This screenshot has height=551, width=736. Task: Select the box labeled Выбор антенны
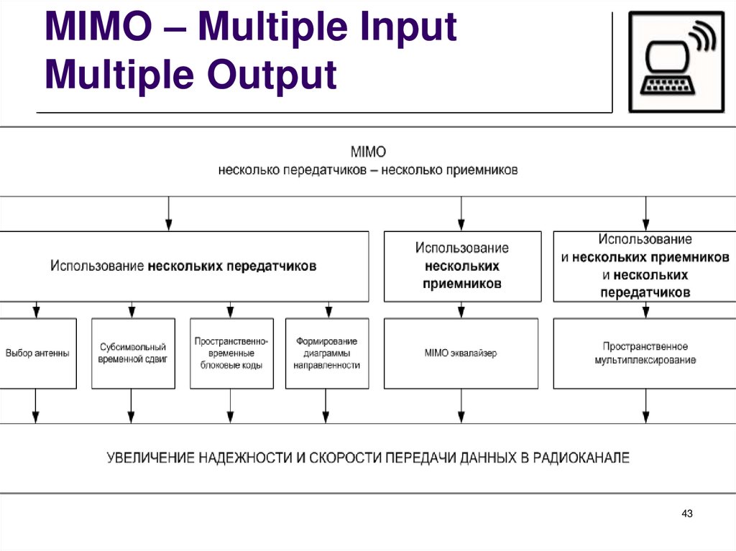[37, 353]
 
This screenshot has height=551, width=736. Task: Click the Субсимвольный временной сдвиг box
[133, 353]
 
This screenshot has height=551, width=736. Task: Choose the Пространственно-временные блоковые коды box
[231, 353]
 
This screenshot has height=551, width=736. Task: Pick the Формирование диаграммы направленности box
[326, 353]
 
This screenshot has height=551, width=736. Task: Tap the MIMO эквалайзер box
[461, 353]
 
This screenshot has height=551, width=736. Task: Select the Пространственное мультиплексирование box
[645, 353]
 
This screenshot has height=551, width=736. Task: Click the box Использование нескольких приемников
[462, 266]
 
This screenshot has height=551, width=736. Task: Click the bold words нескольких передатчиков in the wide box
[232, 266]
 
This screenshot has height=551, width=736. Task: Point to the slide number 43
[686, 514]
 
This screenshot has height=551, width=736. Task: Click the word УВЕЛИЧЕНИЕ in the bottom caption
[151, 457]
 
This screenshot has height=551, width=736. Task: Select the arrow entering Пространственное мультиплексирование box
[645, 310]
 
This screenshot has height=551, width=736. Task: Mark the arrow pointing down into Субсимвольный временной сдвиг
[131, 310]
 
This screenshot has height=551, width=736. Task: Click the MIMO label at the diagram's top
[368, 152]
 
